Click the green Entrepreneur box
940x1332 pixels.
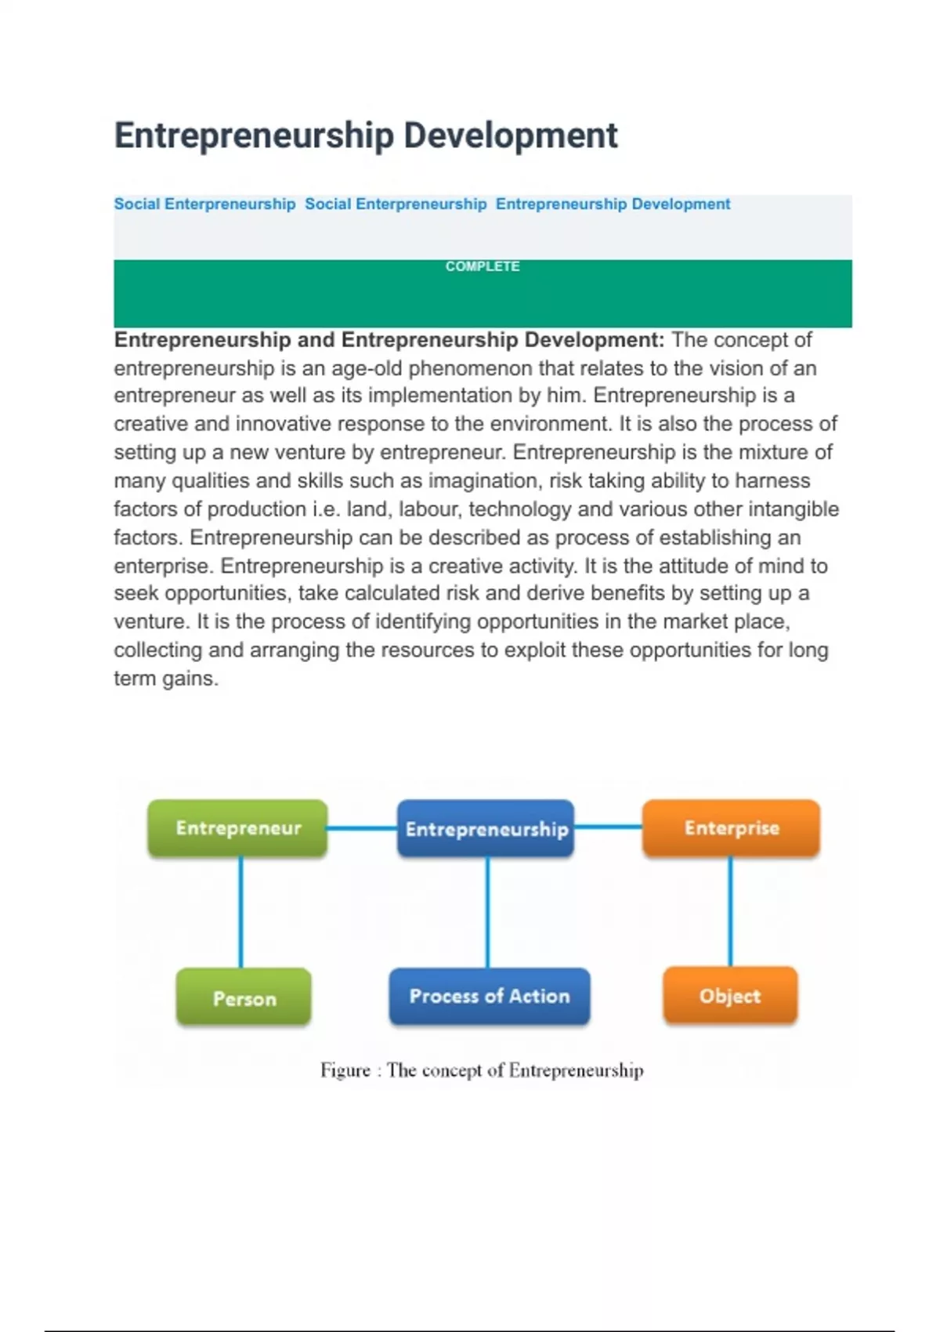point(237,828)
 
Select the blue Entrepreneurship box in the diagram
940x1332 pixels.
point(486,829)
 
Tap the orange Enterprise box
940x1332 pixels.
point(731,828)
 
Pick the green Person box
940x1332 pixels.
point(244,997)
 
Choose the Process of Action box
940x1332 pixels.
point(489,996)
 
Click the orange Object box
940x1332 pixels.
point(730,996)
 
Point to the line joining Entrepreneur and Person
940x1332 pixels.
point(240,913)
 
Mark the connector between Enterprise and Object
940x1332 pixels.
point(730,911)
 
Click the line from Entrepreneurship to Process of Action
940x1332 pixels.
point(487,913)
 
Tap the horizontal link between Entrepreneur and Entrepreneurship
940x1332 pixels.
point(362,828)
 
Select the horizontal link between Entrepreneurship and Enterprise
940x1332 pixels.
point(608,827)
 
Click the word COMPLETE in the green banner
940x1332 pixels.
point(483,266)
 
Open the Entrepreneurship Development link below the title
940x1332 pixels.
point(613,205)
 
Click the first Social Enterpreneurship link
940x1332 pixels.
point(204,205)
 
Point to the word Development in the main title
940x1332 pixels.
point(511,136)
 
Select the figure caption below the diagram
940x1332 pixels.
point(482,1070)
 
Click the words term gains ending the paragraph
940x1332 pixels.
point(166,679)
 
